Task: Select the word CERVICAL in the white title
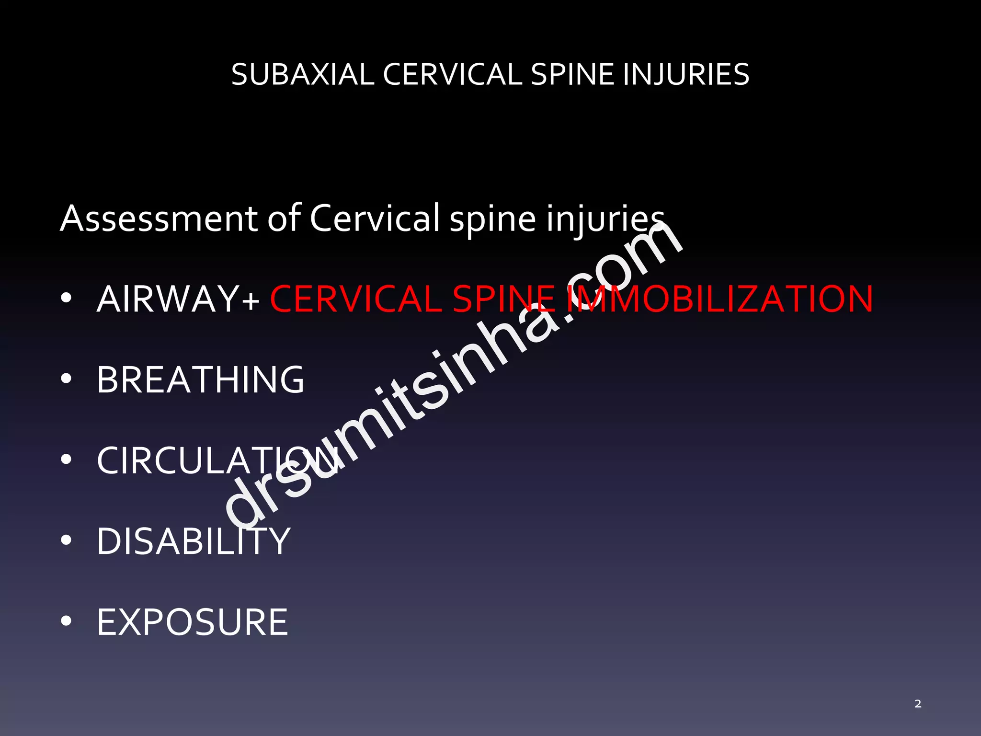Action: point(452,75)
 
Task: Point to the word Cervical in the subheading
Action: point(375,218)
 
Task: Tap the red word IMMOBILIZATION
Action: point(720,299)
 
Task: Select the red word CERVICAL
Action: point(356,299)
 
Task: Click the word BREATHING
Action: point(200,379)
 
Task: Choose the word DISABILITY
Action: point(194,541)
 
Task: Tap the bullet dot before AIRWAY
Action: point(66,298)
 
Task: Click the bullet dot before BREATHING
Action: point(66,379)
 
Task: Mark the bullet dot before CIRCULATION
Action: point(66,460)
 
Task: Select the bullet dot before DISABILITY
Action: point(66,540)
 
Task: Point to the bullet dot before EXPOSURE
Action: point(66,621)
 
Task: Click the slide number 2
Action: point(918,704)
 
